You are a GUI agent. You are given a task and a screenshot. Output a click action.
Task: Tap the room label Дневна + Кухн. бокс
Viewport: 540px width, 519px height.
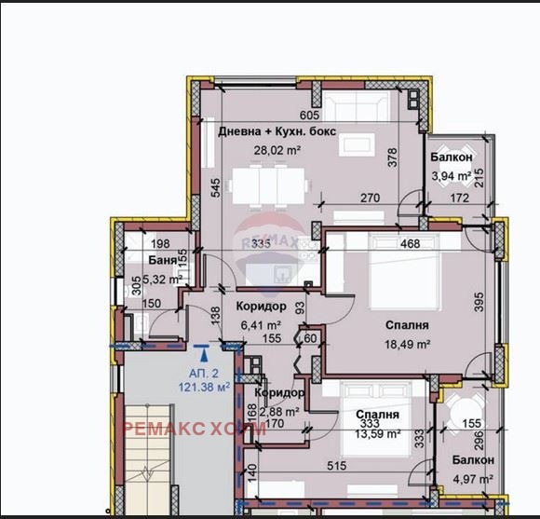click(277, 131)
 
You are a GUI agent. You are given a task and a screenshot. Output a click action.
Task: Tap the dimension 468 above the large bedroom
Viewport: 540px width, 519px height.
click(410, 244)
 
